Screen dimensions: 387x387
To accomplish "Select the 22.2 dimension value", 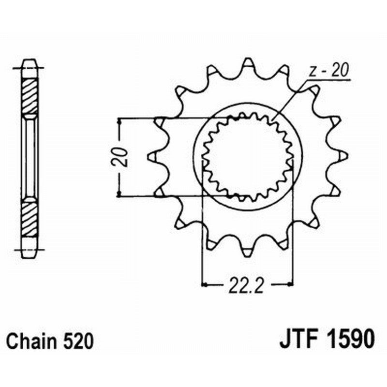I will tap(247, 285).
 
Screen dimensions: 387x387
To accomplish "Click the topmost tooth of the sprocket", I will tap(248, 64).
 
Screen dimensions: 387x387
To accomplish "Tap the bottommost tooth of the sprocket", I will tap(248, 251).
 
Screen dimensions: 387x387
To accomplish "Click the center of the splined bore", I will tap(247, 157).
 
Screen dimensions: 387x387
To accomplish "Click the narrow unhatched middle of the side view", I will tap(30, 156).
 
